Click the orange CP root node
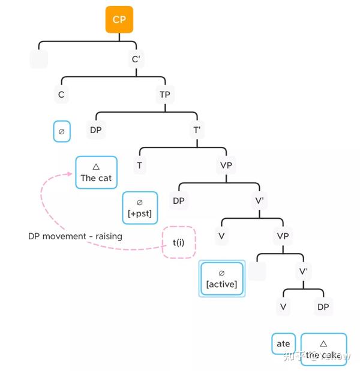[119, 20]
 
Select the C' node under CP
[136, 59]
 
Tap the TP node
[164, 94]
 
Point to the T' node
[196, 129]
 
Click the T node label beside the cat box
[139, 165]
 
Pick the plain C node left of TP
[61, 94]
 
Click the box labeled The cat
[96, 173]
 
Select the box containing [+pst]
[140, 208]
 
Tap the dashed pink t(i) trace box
[179, 242]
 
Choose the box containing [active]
[221, 279]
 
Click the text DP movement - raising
[75, 236]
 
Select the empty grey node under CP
[38, 59]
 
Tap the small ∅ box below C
[61, 131]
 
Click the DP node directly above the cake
[323, 307]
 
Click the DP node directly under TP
[95, 129]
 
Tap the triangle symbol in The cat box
[96, 167]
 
